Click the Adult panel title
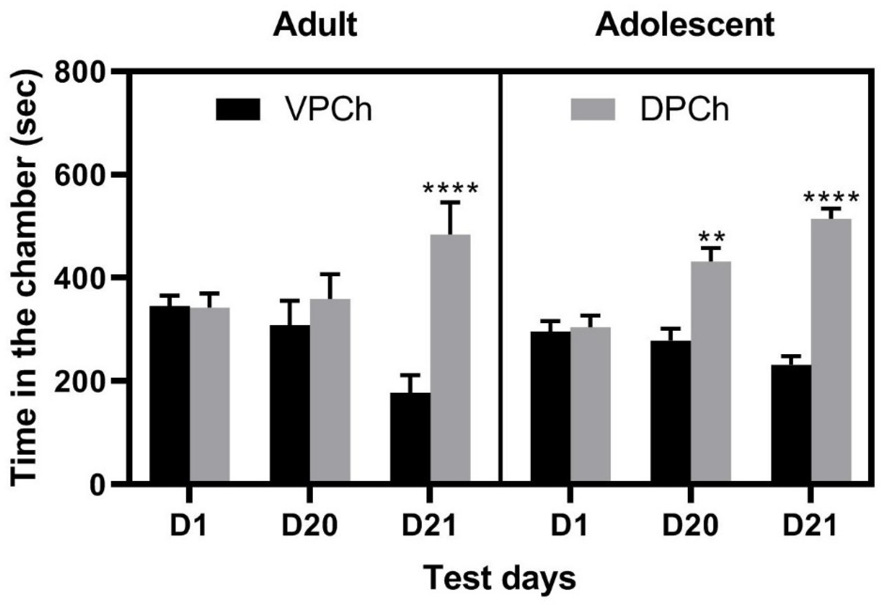pos(315,25)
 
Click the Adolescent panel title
pos(685,25)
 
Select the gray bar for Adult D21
pos(450,358)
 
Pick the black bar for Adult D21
pos(410,437)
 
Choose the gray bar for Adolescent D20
pos(711,371)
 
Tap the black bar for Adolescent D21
pos(791,423)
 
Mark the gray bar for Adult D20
pos(330,390)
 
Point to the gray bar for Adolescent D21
pos(832,350)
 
